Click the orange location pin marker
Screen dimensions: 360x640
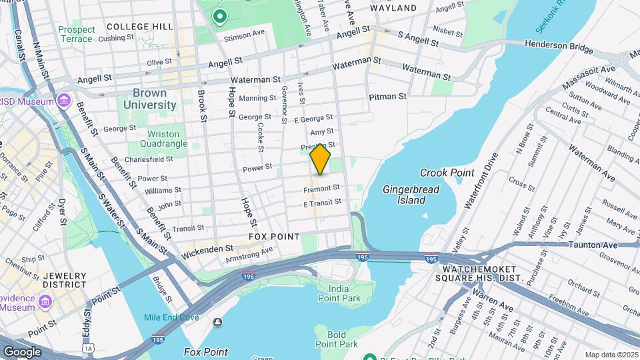320,159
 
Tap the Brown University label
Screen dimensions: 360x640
145,99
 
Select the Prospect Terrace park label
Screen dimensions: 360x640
75,34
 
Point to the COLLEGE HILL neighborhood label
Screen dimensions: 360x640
140,27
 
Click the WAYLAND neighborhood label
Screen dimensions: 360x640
393,8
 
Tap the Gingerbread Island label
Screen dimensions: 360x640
411,195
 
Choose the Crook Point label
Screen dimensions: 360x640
447,173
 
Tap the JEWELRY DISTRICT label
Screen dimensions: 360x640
65,280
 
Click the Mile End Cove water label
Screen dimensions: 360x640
171,317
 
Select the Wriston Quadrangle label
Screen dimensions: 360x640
163,139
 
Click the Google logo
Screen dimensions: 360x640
22,351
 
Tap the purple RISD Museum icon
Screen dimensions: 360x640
64,101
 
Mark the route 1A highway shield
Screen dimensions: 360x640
87,348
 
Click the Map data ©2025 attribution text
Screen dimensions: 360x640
609,355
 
